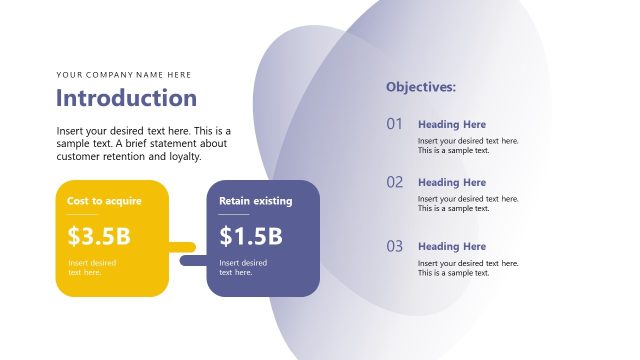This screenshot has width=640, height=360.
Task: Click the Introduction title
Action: coord(126,98)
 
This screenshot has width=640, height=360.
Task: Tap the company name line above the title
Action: coord(124,74)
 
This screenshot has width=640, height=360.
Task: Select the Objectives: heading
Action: coord(421,87)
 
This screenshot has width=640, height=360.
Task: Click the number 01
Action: coord(394,124)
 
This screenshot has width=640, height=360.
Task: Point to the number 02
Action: coord(394,182)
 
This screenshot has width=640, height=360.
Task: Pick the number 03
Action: coord(394,246)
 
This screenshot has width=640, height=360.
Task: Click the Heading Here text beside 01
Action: coord(452,124)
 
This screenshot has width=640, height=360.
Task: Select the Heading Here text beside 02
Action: coord(452,182)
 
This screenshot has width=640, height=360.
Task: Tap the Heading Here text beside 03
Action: coord(452,246)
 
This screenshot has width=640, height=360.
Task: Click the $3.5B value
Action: coord(99,237)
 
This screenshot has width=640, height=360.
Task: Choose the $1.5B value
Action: coord(251,237)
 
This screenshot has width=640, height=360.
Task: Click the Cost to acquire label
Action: coord(104,201)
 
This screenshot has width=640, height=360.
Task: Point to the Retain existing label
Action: coord(256,201)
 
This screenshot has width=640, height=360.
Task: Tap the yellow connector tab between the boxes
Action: coord(182,246)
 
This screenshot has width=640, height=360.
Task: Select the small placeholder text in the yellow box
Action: coord(92,267)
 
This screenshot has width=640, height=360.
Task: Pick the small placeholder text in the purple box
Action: coord(243,267)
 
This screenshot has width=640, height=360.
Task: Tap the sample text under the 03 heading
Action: coord(468,268)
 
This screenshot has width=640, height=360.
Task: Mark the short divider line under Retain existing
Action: coord(234,214)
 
